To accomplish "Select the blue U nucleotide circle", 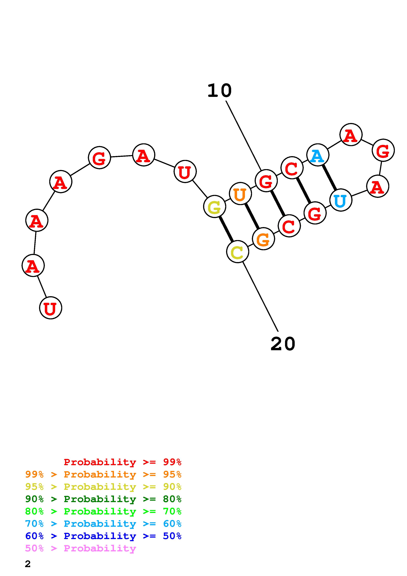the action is click(x=341, y=200).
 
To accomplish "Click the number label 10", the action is click(x=219, y=91).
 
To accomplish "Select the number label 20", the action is click(x=283, y=344).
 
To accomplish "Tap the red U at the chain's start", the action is click(x=50, y=308).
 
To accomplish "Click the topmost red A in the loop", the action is click(x=351, y=134).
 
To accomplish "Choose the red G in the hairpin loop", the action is click(x=383, y=150).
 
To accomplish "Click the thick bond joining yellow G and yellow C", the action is click(x=226, y=229).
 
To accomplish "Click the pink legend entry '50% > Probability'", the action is click(x=80, y=548).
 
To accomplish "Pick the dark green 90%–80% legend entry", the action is click(x=103, y=499).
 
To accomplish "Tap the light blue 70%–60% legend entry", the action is click(x=103, y=524).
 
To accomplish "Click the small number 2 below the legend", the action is click(x=28, y=564).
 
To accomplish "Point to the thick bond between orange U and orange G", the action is click(x=252, y=216).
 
